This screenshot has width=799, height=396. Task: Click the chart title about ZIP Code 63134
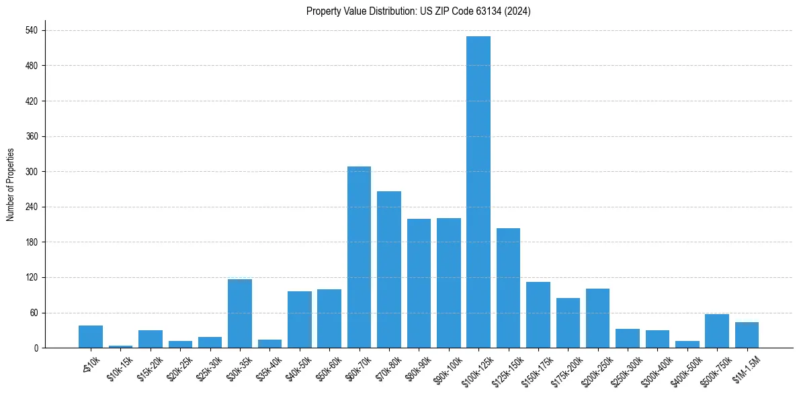tap(418, 11)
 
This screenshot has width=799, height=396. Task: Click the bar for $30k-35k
tap(240, 313)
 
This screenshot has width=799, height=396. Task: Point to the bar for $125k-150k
tap(508, 288)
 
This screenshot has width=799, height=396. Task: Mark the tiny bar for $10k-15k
tap(121, 346)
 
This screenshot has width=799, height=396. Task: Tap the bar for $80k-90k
tap(419, 283)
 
